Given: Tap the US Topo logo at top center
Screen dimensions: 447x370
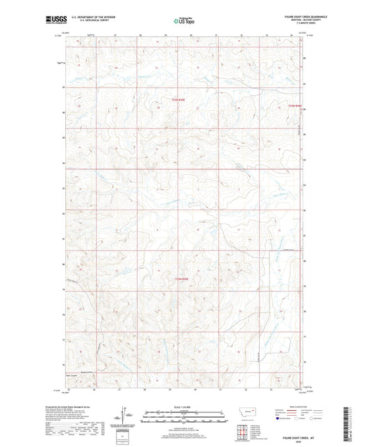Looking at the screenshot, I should click(184, 22).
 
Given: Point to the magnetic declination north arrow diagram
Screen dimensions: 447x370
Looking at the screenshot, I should click(125, 416).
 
